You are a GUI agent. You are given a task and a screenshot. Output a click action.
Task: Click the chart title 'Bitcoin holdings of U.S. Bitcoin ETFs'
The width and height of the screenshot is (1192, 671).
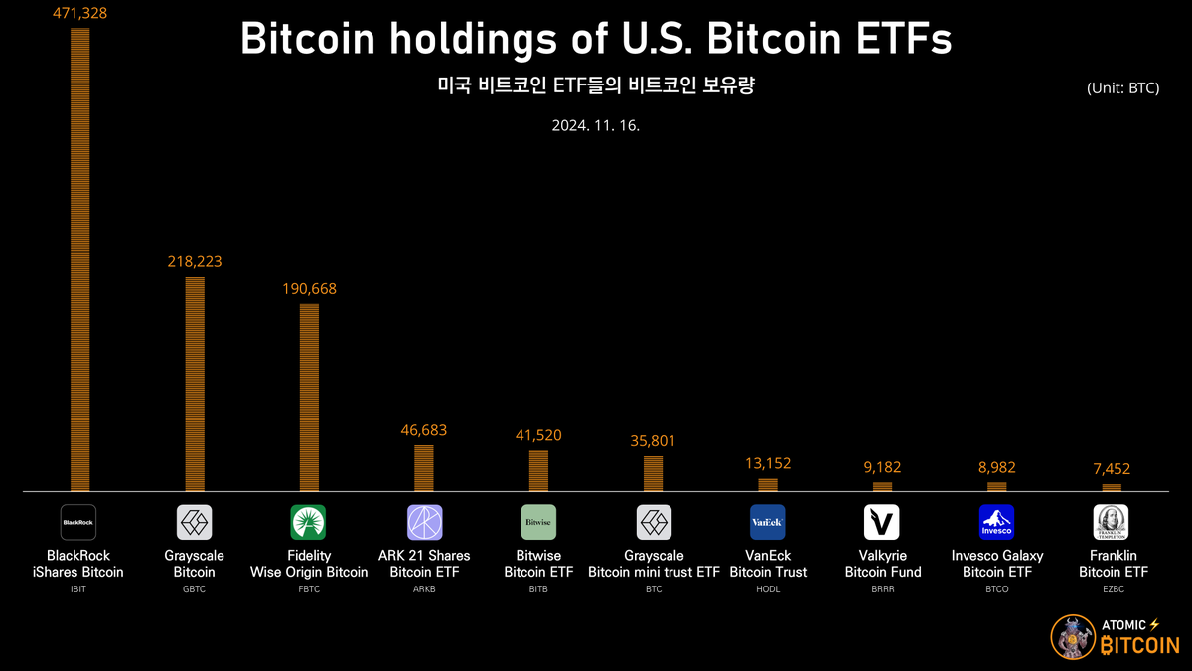596,40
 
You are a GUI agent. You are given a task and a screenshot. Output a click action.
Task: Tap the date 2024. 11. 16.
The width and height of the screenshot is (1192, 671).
596,126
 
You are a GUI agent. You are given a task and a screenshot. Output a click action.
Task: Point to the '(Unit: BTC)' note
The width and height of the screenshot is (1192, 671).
1123,88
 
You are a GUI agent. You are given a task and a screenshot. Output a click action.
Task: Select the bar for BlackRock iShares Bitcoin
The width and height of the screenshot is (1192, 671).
79,258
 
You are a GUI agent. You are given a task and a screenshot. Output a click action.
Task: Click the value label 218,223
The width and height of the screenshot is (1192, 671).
194,262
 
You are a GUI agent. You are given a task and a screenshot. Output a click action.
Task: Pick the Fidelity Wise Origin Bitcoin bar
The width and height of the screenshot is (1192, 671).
309,397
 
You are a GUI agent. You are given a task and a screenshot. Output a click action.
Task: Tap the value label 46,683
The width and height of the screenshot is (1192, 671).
424,430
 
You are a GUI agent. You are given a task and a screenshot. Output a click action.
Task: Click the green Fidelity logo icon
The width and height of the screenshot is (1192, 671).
309,522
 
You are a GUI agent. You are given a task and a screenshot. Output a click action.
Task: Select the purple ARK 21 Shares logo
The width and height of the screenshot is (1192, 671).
424,522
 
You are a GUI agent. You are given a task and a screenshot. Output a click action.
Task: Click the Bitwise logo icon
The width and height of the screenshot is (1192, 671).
539,522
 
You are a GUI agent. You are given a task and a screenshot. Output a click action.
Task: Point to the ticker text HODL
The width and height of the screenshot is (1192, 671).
768,589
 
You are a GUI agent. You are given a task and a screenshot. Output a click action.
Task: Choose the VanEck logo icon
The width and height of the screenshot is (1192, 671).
768,522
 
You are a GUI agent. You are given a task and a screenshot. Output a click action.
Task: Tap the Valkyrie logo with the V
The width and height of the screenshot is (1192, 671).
882,522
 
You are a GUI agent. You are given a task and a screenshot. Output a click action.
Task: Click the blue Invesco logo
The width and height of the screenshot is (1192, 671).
996,522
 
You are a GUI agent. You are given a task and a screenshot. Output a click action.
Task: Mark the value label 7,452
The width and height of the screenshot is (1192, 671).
1112,469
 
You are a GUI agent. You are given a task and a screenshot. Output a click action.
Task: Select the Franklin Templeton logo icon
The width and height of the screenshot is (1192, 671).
1112,522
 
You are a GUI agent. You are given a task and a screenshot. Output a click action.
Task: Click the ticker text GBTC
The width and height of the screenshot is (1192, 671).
194,589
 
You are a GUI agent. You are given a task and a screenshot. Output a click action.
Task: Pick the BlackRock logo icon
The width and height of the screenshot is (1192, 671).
78,522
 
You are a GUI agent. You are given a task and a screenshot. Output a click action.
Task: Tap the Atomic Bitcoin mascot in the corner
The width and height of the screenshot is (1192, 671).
1072,637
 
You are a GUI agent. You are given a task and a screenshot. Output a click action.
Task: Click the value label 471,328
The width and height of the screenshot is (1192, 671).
79,13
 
